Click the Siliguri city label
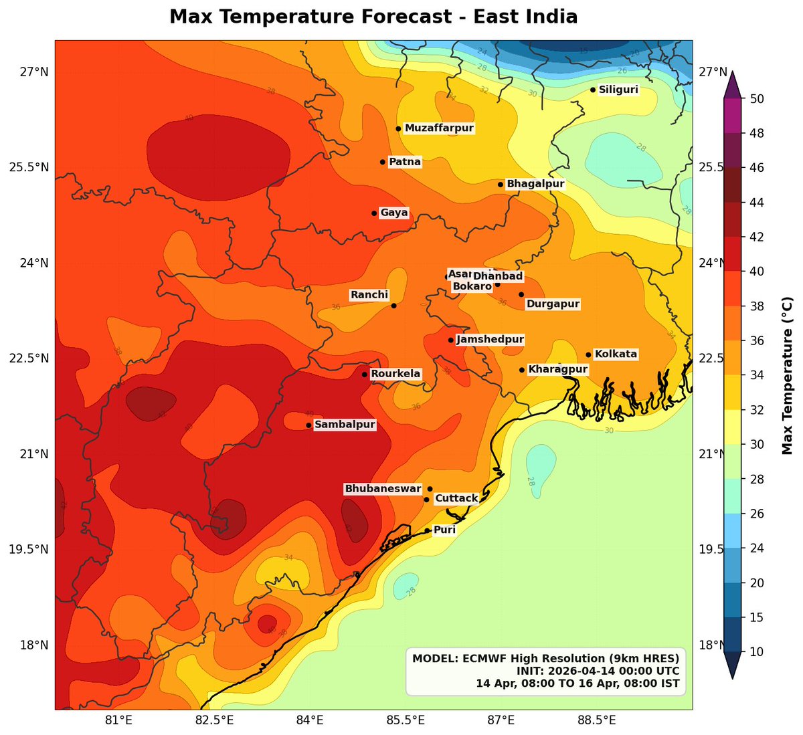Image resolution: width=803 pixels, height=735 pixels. [x=618, y=90]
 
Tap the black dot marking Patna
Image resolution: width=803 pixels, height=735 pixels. [x=383, y=162]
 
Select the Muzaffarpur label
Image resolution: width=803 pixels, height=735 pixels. [x=439, y=128]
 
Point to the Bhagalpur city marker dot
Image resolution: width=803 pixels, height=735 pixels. [x=501, y=185]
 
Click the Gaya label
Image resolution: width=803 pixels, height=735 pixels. [x=394, y=213]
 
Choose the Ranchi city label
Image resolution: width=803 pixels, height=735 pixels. [x=369, y=295]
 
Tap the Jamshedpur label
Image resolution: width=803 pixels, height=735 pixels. [x=490, y=340]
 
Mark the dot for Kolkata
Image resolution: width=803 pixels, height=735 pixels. [x=589, y=355]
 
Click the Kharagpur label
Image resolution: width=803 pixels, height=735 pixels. [x=558, y=370]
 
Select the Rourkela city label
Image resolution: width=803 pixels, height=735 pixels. [x=396, y=374]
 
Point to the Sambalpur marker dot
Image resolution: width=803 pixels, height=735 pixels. [x=308, y=425]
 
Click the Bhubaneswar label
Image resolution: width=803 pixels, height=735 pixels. [x=383, y=489]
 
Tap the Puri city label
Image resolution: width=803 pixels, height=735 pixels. [x=445, y=530]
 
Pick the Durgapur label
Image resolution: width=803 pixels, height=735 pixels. [x=553, y=304]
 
